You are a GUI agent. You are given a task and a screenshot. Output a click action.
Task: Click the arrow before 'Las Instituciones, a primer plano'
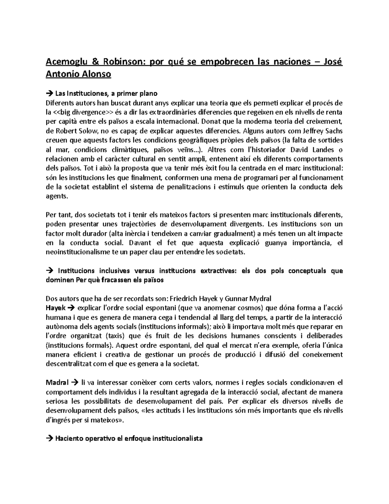[50, 94]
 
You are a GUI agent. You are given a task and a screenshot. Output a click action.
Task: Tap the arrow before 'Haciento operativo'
[50, 439]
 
